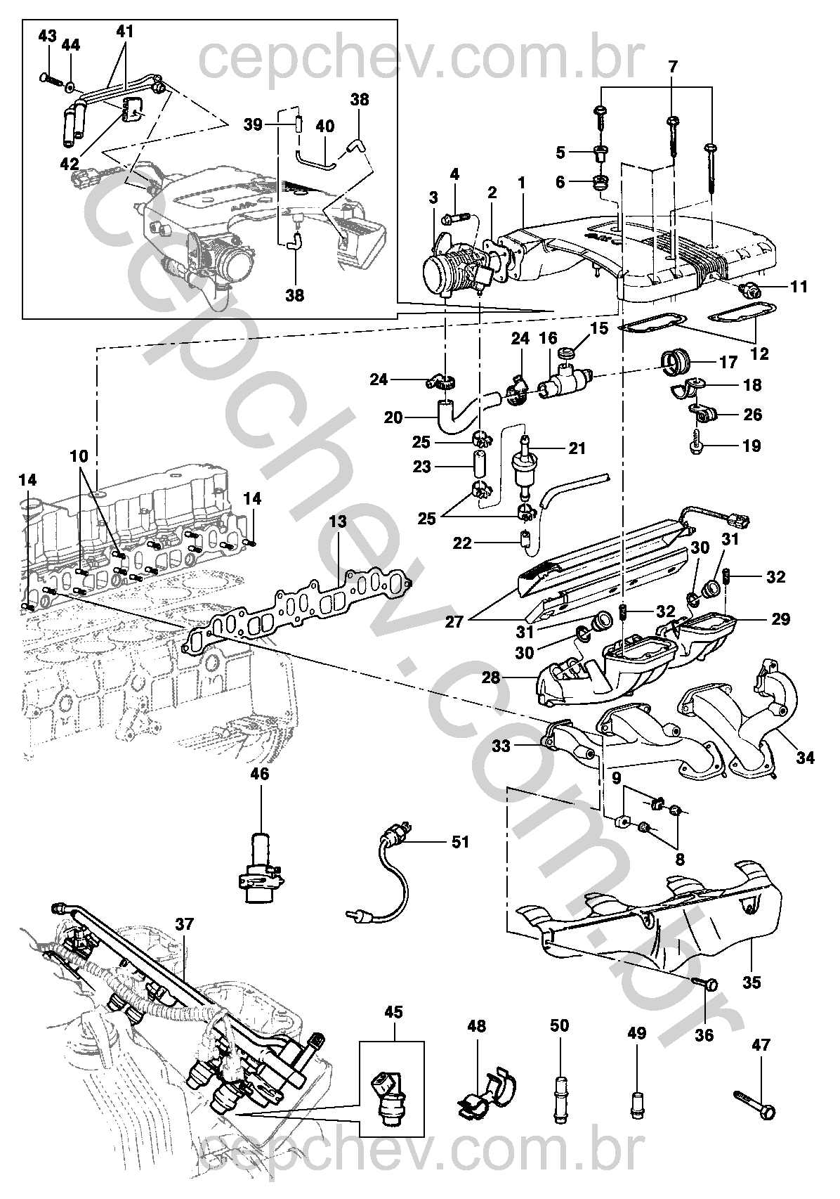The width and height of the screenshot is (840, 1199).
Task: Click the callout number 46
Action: (260, 774)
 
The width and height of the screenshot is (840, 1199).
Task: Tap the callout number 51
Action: (460, 842)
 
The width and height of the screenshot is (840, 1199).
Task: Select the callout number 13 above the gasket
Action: (338, 521)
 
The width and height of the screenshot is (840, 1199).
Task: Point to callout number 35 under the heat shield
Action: (752, 983)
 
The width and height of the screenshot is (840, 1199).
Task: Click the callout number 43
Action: (48, 37)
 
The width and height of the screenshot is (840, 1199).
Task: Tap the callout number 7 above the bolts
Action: (673, 67)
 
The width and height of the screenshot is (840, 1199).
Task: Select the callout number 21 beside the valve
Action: (577, 448)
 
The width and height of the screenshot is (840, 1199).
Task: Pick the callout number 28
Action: (491, 677)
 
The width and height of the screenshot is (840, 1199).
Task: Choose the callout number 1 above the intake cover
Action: (522, 183)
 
